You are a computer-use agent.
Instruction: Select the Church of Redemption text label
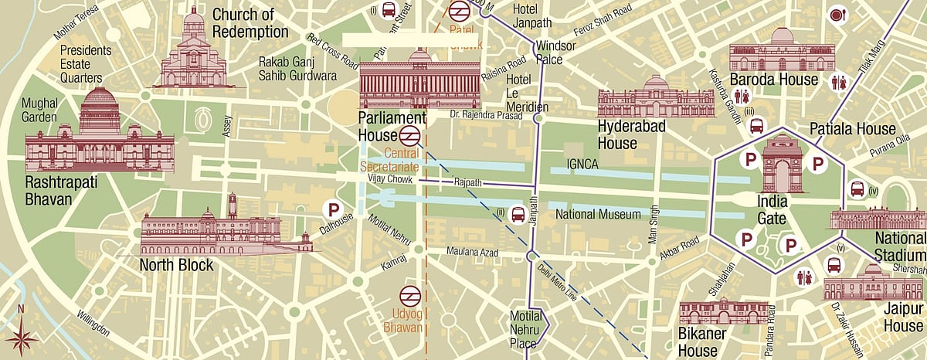pyautogui.click(x=250, y=23)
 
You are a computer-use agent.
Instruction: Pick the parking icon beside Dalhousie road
pyautogui.click(x=333, y=209)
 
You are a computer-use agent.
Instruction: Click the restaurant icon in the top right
pyautogui.click(x=837, y=15)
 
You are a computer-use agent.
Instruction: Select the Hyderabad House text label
pyautogui.click(x=627, y=134)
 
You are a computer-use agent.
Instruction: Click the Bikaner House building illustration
pyautogui.click(x=723, y=313)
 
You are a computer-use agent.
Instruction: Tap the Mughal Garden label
pyautogui.click(x=39, y=110)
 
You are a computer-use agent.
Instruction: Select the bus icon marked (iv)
pyautogui.click(x=857, y=188)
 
